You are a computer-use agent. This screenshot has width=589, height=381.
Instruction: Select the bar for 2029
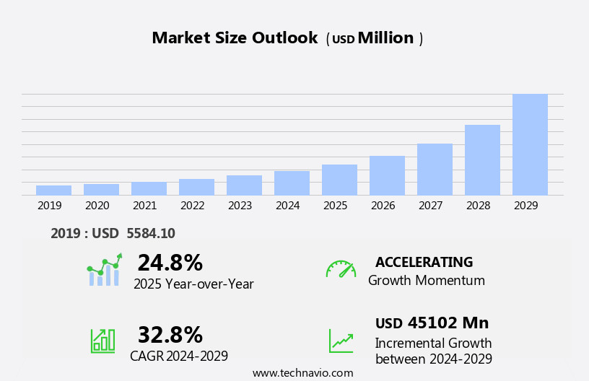(530, 144)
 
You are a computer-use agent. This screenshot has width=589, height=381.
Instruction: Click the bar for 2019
(53, 190)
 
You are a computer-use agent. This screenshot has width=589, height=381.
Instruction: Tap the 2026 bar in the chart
(387, 175)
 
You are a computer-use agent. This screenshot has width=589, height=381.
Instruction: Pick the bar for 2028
(482, 159)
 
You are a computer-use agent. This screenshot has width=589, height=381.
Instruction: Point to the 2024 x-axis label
(287, 206)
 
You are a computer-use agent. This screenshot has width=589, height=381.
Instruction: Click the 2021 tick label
(144, 206)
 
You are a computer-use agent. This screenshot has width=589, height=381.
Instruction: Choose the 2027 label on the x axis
(430, 206)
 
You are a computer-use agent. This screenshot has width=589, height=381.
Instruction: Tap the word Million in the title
(385, 38)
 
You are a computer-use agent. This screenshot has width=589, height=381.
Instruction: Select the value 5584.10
(150, 233)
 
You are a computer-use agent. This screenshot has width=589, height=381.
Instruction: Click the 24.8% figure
(170, 263)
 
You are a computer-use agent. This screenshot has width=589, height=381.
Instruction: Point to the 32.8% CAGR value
(170, 335)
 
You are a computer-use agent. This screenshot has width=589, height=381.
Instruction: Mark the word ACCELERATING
(424, 262)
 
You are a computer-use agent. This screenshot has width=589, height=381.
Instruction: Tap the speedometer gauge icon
(341, 269)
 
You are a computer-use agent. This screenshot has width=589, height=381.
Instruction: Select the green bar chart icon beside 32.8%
(102, 340)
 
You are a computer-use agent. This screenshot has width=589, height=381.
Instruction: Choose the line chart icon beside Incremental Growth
(341, 341)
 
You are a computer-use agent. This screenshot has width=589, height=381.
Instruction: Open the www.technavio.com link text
(302, 373)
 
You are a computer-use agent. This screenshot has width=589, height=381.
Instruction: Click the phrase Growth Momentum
(426, 281)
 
